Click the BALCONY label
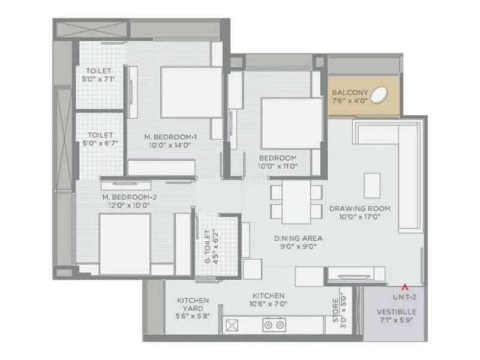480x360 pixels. (350, 92)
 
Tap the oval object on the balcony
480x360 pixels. (379, 95)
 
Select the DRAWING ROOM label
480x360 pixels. (359, 209)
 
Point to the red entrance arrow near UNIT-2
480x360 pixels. (405, 287)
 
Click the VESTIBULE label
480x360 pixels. (397, 312)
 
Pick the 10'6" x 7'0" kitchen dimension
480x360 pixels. (268, 304)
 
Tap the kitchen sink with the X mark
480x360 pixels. (232, 325)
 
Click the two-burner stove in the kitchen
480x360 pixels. (274, 325)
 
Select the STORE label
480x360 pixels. (336, 310)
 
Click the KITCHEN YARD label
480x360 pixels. (193, 304)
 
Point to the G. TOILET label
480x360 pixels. (208, 247)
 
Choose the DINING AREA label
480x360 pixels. (298, 238)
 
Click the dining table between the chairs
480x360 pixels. (296, 202)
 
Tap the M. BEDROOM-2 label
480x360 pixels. (130, 197)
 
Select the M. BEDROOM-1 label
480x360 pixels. (170, 137)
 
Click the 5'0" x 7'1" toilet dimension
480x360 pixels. (98, 79)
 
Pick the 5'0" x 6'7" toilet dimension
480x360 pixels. (100, 143)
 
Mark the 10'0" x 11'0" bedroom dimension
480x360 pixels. (278, 166)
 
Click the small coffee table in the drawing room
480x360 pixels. (372, 185)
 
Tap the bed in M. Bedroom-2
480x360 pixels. (125, 244)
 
